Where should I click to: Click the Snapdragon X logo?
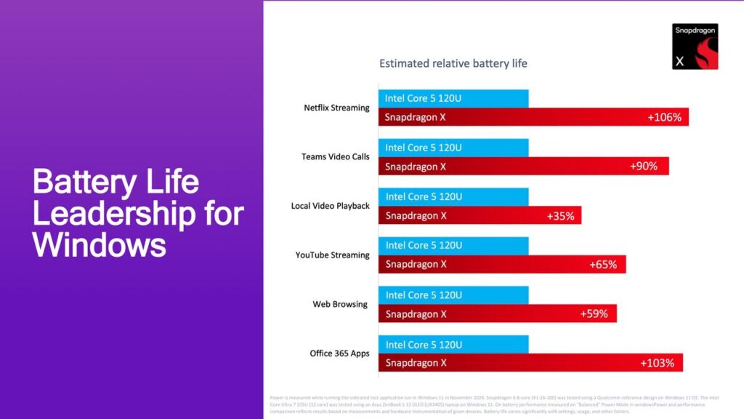coord(695,46)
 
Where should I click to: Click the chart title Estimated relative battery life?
coord(453,63)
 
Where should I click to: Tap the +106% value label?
coord(664,117)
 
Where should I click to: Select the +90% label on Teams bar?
coord(643,166)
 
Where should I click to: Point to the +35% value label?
coord(560,215)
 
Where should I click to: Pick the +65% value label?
coord(603,265)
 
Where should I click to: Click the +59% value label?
coord(594,314)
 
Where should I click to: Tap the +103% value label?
coord(657,363)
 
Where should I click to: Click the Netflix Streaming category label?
coord(336,108)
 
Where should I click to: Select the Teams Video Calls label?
coord(336,156)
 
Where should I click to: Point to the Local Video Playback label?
coord(331,206)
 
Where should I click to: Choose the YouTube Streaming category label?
coord(332,255)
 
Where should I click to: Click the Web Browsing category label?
coord(340,304)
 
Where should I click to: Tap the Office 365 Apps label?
coord(339,354)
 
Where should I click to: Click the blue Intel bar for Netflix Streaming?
coord(453,98)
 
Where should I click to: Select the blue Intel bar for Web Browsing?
coord(453,295)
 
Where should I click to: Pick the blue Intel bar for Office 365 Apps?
coord(453,344)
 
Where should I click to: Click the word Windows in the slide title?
coord(100,245)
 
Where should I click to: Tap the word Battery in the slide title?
coord(83,182)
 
